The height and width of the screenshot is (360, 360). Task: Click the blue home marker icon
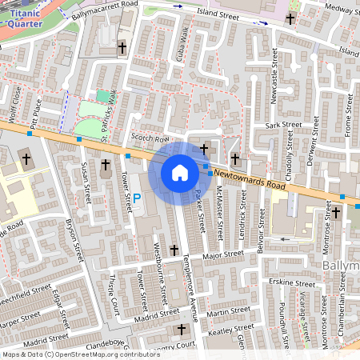(180, 173)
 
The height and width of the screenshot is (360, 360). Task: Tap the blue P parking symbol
(136, 198)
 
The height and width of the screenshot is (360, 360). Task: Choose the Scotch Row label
(146, 138)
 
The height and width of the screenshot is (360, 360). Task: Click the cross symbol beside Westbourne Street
(174, 250)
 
